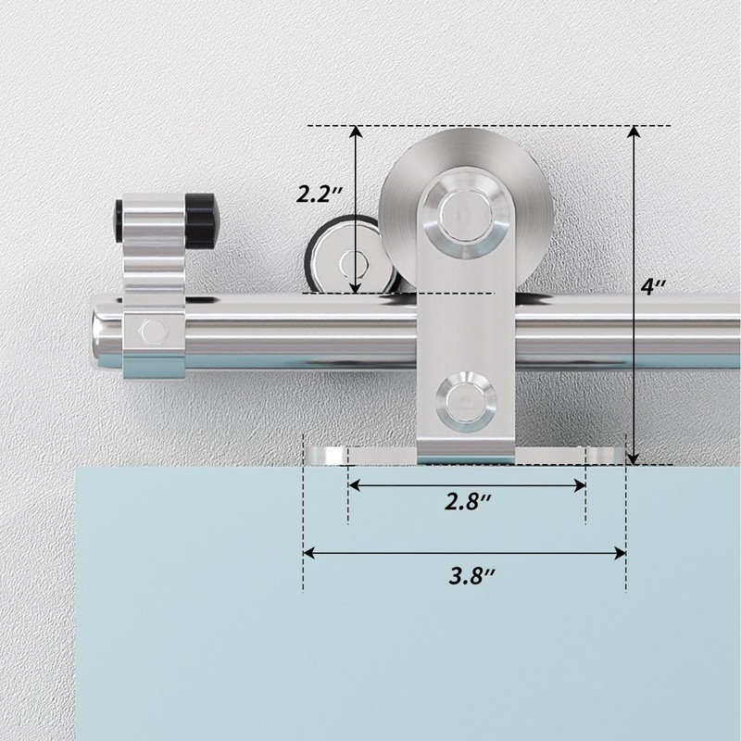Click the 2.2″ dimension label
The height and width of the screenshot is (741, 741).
pos(319,194)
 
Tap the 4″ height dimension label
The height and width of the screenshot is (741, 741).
pos(654,286)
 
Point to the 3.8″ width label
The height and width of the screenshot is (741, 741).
pos(471,575)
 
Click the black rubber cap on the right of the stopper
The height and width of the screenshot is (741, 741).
pos(199,220)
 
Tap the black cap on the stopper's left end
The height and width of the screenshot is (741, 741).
pos(119,220)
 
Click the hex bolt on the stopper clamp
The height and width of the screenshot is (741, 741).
pos(154,330)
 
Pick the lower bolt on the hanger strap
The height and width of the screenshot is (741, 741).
pos(466,402)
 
